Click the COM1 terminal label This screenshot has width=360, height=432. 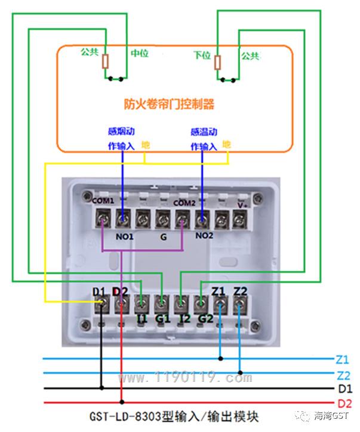(x=103, y=200)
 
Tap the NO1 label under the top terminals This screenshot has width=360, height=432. (x=124, y=237)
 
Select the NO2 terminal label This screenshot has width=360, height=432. (x=204, y=235)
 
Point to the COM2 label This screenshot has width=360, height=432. (x=184, y=203)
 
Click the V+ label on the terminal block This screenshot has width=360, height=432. (x=242, y=206)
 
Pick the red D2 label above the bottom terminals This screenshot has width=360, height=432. (x=120, y=292)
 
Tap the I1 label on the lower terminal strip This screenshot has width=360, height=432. (x=141, y=318)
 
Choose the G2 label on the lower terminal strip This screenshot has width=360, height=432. (x=205, y=318)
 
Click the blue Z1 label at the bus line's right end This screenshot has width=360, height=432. (x=342, y=360)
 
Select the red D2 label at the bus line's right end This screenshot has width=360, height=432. (x=344, y=404)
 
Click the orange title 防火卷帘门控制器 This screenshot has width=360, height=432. (x=169, y=104)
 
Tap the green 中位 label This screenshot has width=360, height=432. (x=140, y=53)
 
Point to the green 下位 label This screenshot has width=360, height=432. (x=202, y=55)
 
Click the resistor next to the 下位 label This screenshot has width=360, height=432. (x=217, y=62)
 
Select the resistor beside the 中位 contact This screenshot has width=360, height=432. (x=106, y=61)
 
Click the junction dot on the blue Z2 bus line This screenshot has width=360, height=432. (x=240, y=373)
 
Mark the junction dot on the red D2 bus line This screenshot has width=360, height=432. (x=122, y=402)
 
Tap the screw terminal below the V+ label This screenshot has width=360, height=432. (x=240, y=219)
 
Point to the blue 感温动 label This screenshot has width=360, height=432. (x=204, y=132)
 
